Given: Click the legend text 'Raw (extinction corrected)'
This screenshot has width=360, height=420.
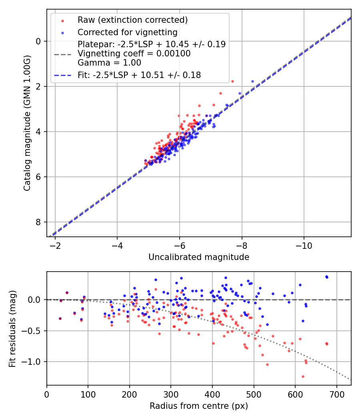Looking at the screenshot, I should tap(132, 20).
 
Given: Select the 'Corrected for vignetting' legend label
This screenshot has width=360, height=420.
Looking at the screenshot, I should tap(127, 32).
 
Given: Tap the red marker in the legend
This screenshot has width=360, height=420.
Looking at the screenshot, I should tap(62, 20).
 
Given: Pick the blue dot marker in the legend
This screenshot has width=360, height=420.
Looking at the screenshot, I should tap(62, 32).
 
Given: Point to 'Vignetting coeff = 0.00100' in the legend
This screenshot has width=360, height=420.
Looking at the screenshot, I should tap(134, 53).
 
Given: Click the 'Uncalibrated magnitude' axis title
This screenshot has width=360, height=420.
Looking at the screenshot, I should tap(199, 257).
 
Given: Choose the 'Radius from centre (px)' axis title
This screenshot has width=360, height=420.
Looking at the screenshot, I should tap(199, 406).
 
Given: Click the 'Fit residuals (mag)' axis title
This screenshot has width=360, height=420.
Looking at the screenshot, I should tap(12, 329).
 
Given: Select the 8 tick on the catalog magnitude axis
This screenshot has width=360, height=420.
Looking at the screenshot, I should tap(39, 222).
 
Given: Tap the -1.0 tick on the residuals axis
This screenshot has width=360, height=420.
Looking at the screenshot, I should tap(34, 362).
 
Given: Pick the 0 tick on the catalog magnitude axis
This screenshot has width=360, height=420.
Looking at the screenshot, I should tap(39, 41).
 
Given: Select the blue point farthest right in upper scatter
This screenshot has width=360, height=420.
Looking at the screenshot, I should tap(252, 81).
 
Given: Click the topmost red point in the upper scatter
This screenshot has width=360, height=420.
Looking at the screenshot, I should tap(232, 81).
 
